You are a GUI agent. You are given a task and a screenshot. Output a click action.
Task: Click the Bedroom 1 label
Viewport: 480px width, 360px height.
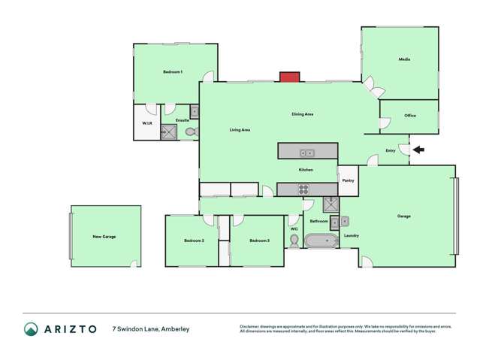tap(173, 72)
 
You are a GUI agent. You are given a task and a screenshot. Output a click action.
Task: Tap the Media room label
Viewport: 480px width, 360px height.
tap(404, 59)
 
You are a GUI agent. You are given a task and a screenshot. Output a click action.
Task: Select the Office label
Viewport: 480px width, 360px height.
tap(409, 116)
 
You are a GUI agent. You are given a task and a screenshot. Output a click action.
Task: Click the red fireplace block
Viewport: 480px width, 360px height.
tap(289, 77)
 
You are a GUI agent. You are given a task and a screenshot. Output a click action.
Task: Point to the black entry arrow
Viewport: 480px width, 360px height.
tap(418, 150)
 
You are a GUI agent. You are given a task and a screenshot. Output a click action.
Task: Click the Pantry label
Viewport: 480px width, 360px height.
tap(348, 180)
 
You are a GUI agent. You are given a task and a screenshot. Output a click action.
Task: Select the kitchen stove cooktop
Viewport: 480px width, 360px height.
tap(306, 189)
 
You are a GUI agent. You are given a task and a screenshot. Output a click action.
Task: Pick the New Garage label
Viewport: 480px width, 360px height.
tap(104, 237)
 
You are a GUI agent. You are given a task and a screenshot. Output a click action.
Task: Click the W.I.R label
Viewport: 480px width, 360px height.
tap(147, 123)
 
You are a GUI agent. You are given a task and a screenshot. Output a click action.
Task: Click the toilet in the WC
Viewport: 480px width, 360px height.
tap(294, 241)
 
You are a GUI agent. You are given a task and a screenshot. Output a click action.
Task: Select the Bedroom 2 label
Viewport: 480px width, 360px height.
tap(194, 241)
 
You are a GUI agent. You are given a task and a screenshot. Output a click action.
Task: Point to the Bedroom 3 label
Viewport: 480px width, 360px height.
tap(259, 241)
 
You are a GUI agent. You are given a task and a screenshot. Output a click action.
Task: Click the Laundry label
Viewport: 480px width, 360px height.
tap(351, 236)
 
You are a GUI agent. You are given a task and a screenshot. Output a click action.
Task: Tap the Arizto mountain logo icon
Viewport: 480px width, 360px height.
tap(31, 329)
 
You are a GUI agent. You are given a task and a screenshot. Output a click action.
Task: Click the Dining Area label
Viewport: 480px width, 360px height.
tap(303, 114)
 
